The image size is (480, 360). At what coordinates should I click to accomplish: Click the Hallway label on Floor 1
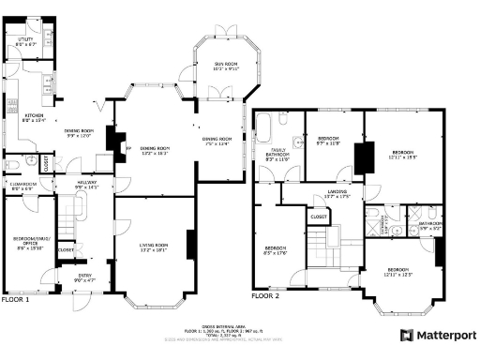pyautogui.click(x=87, y=186)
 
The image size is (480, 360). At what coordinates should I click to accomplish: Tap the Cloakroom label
pyautogui.click(x=22, y=187)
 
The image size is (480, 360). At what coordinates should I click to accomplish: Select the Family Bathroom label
pyautogui.click(x=276, y=157)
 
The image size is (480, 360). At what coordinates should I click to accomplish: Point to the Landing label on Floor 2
pyautogui.click(x=337, y=194)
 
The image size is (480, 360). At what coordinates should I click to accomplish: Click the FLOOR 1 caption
pyautogui.click(x=15, y=300)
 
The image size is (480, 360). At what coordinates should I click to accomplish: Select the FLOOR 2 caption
pyautogui.click(x=265, y=294)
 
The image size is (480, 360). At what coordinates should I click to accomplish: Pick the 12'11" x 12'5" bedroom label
pyautogui.click(x=403, y=272)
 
